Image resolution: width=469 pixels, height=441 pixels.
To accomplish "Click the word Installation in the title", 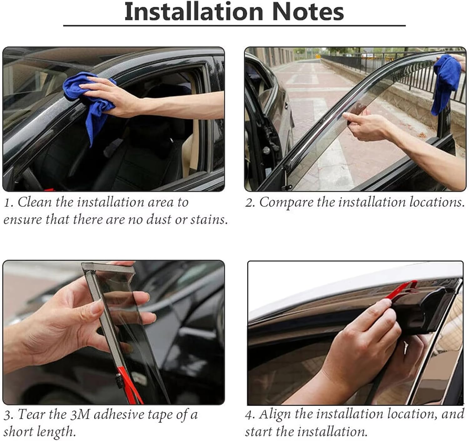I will coord(194,12).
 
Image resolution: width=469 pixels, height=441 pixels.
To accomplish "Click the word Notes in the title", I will coord(308,12).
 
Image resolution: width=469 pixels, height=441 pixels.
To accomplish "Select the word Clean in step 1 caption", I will coord(34,202).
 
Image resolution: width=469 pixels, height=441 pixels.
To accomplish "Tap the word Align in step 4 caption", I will coord(275,414).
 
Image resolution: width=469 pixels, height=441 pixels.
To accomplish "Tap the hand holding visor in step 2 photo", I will coord(366,125).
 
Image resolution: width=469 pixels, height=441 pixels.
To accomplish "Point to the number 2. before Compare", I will coord(250,203).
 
